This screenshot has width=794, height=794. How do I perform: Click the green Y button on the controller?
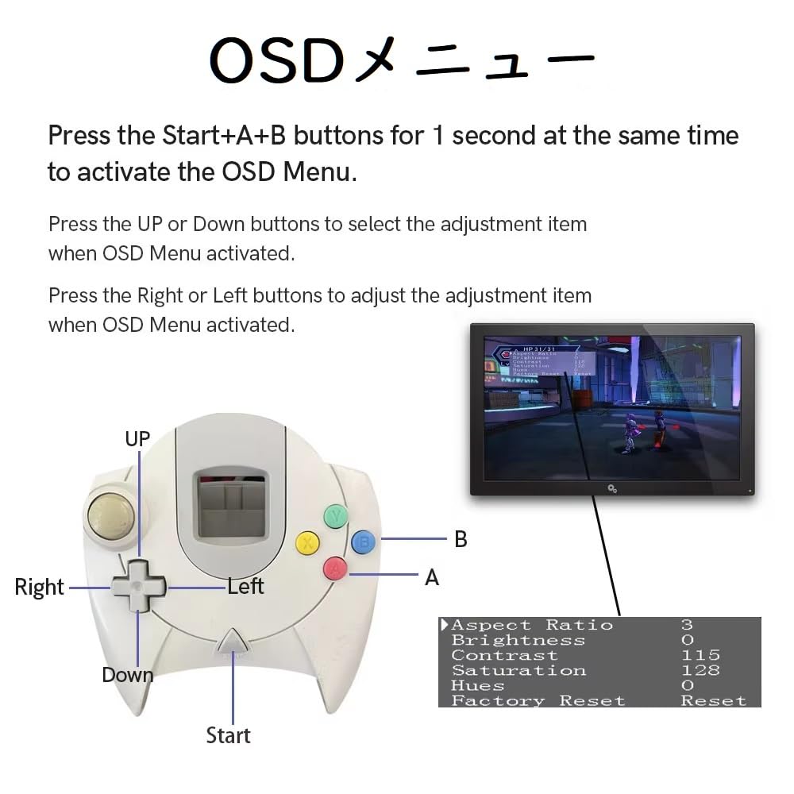pyautogui.click(x=336, y=516)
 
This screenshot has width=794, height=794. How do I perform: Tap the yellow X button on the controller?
pyautogui.click(x=307, y=543)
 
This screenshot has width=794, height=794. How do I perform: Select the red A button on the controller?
pyautogui.click(x=335, y=568)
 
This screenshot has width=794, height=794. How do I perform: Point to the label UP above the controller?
pyautogui.click(x=137, y=438)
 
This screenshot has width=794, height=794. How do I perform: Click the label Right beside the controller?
pyautogui.click(x=39, y=588)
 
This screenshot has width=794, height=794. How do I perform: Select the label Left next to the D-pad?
pyautogui.click(x=245, y=587)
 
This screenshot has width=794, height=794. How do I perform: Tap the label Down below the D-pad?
pyautogui.click(x=127, y=675)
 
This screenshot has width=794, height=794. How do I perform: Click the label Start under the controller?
pyautogui.click(x=228, y=735)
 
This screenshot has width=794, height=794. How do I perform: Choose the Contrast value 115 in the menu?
pyautogui.click(x=700, y=656)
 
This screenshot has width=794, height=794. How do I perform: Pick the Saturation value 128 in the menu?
pyautogui.click(x=700, y=671)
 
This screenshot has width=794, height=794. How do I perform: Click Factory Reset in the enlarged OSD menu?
pyautogui.click(x=538, y=701)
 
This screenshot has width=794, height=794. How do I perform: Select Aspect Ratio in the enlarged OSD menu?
pyautogui.click(x=532, y=626)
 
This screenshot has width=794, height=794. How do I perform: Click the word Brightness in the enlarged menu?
pyautogui.click(x=518, y=641)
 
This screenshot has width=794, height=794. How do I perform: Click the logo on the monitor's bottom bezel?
pyautogui.click(x=612, y=488)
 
